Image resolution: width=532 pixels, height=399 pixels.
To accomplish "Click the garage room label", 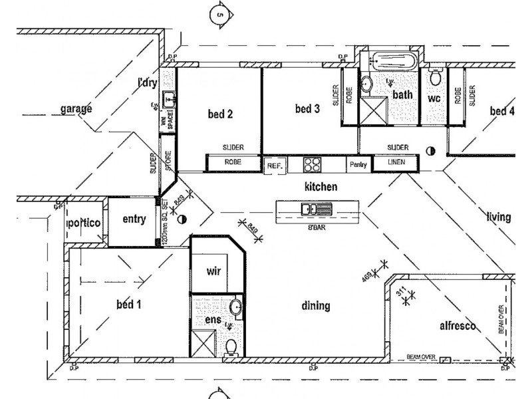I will click(75, 109).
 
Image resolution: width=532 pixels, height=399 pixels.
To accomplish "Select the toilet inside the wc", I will click(435, 78).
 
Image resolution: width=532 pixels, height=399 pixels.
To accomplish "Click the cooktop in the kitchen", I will click(312, 164).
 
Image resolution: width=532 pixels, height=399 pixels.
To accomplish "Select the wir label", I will click(213, 272).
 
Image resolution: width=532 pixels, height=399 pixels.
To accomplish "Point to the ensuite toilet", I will click(230, 346).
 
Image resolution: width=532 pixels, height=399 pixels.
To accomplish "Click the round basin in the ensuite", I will click(235, 309).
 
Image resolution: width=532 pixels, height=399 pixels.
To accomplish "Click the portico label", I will click(84, 223).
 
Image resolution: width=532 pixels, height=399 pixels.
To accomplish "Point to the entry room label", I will click(134, 220).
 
